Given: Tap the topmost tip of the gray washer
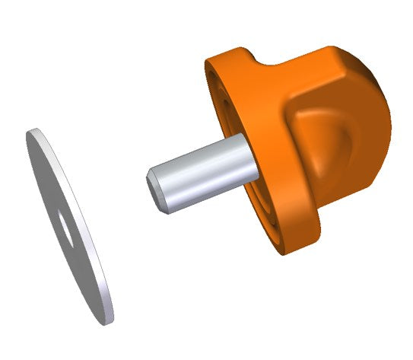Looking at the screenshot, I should [x=31, y=131].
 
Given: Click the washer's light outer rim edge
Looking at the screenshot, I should [x=92, y=251].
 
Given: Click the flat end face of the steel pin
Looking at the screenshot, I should [x=155, y=189].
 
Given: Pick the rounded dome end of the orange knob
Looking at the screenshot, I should [x=376, y=122].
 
